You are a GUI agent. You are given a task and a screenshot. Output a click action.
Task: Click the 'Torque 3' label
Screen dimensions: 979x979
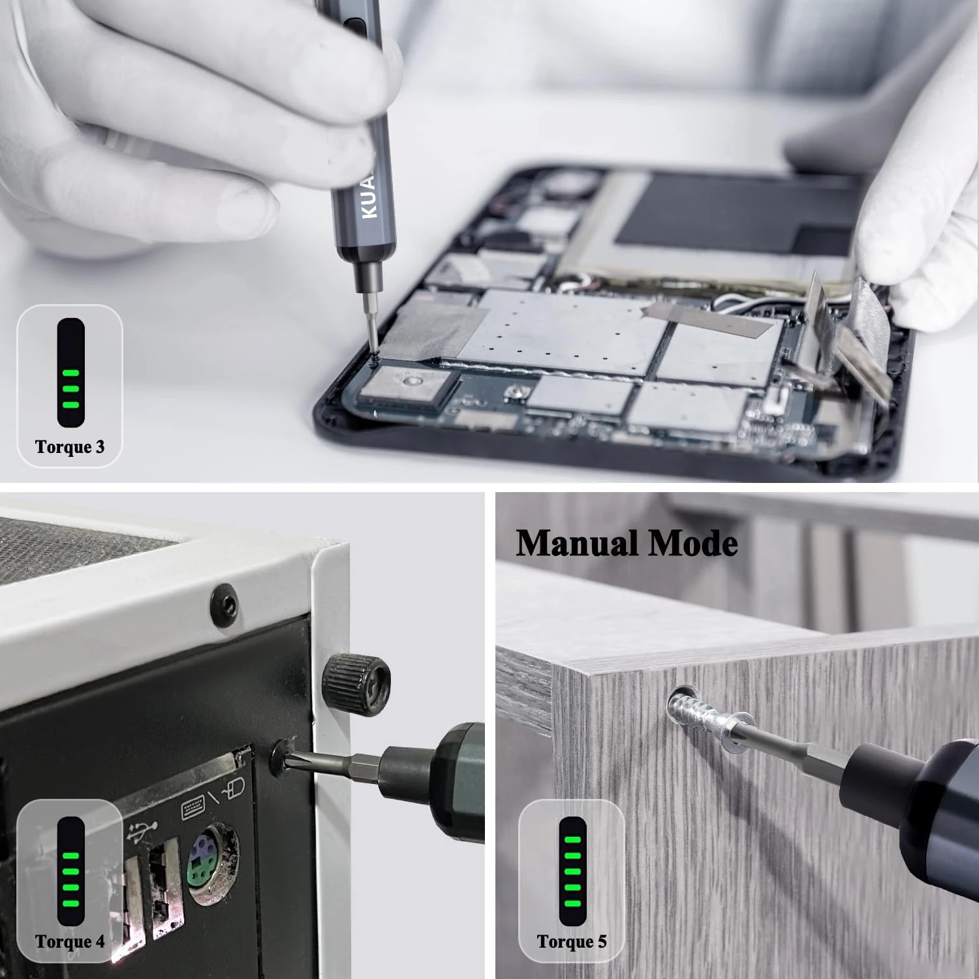[69, 447]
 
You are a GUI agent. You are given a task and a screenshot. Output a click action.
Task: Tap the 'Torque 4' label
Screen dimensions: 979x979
[69, 941]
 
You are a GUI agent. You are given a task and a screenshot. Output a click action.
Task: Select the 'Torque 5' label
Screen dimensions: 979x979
[572, 941]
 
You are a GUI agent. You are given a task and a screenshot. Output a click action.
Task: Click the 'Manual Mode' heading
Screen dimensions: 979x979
[627, 544]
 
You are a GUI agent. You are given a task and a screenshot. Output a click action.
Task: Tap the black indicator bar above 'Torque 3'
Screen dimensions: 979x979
[70, 372]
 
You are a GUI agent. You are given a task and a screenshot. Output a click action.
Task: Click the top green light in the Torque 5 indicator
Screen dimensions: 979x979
[572, 841]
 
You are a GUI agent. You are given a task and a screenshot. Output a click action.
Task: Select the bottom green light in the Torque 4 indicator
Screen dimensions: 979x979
[70, 903]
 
